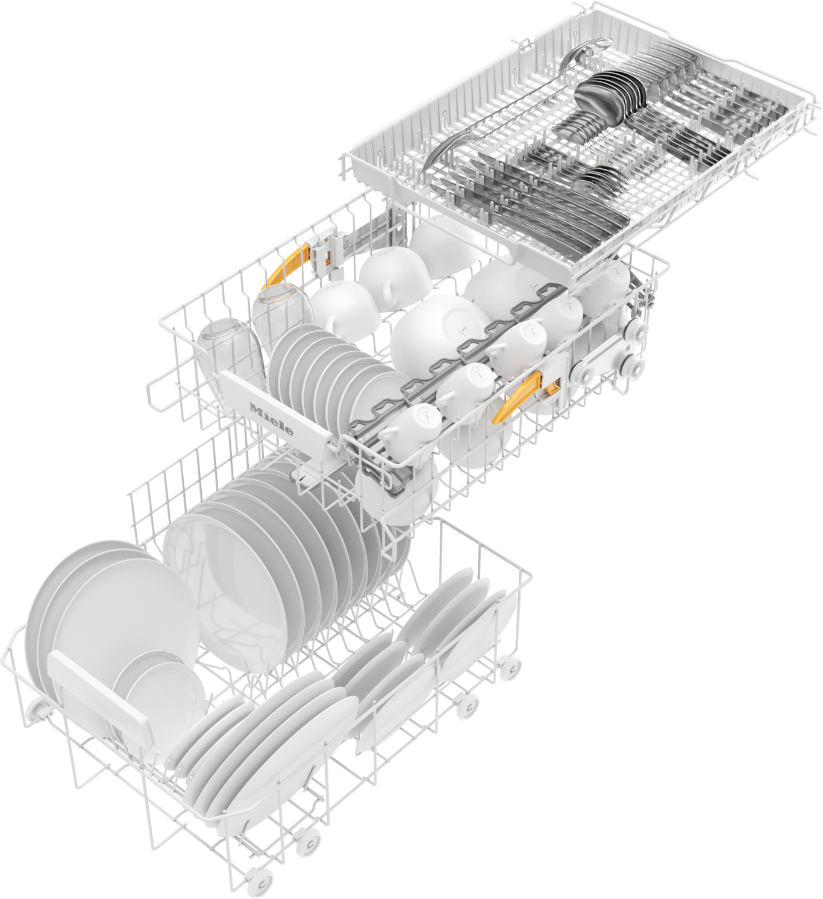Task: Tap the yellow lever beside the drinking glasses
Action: coord(286,264)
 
